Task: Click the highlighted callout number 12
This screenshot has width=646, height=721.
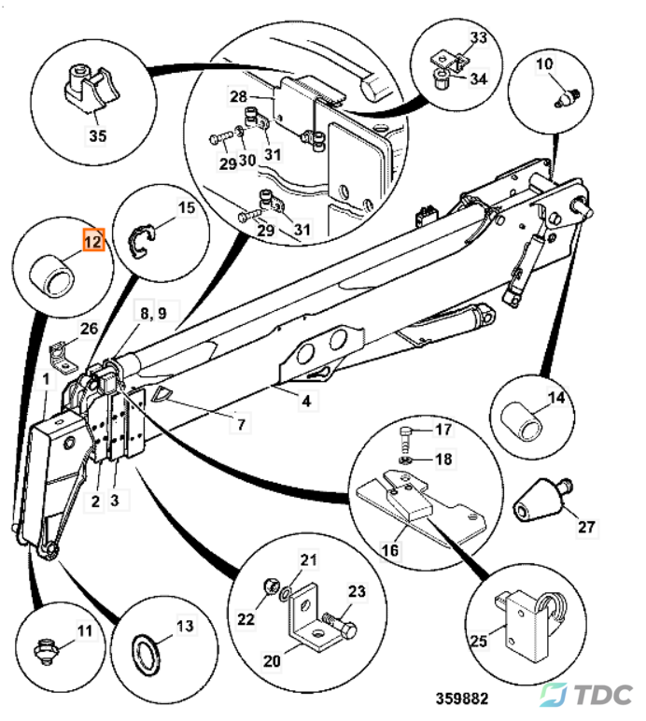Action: tap(92, 241)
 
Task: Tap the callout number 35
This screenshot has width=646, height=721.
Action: tap(97, 135)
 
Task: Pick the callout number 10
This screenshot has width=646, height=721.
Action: tap(543, 64)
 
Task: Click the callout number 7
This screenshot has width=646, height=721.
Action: tap(241, 425)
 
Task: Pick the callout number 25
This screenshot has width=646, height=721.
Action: tap(479, 641)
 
